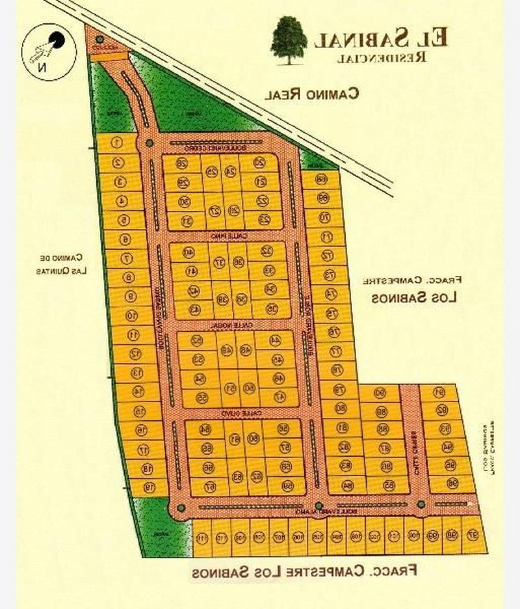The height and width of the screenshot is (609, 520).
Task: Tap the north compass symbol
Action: click(x=50, y=52)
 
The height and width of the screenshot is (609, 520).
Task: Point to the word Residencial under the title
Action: click(x=381, y=57)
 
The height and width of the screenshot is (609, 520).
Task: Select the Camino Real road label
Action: click(x=312, y=94)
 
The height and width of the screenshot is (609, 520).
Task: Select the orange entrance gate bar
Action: click(x=110, y=56)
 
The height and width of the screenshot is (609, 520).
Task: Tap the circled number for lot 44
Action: click(x=275, y=341)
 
